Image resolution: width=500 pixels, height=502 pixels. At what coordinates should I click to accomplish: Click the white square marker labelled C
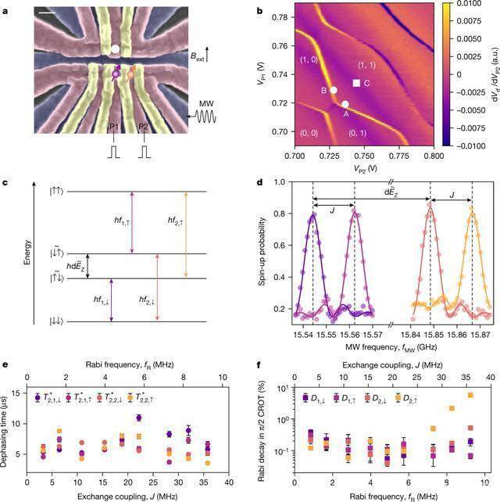click(356, 83)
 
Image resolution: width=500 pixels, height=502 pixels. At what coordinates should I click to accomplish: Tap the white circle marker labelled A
click(345, 104)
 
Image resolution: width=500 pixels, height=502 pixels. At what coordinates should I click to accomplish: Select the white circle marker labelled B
click(334, 90)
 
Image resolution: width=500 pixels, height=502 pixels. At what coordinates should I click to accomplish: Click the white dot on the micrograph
click(115, 49)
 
